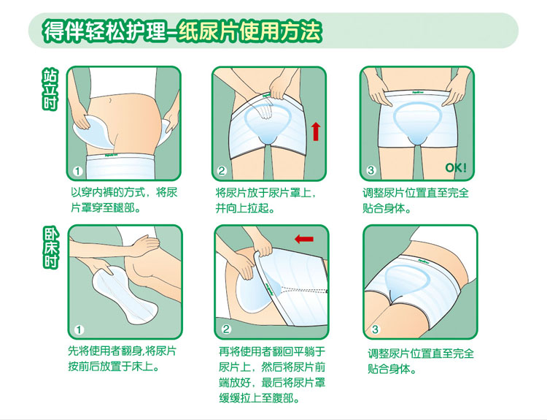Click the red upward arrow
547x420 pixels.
click(x=315, y=131)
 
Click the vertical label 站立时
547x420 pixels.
click(x=50, y=89)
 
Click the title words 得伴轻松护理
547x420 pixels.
click(x=101, y=32)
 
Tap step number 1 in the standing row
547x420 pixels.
click(x=77, y=171)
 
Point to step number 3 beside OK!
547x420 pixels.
click(x=371, y=170)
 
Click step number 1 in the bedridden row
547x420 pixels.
click(x=79, y=329)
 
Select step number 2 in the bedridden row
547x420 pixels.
click(x=226, y=329)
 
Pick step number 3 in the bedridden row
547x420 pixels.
click(x=376, y=329)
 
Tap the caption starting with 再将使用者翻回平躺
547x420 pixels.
click(x=269, y=374)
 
